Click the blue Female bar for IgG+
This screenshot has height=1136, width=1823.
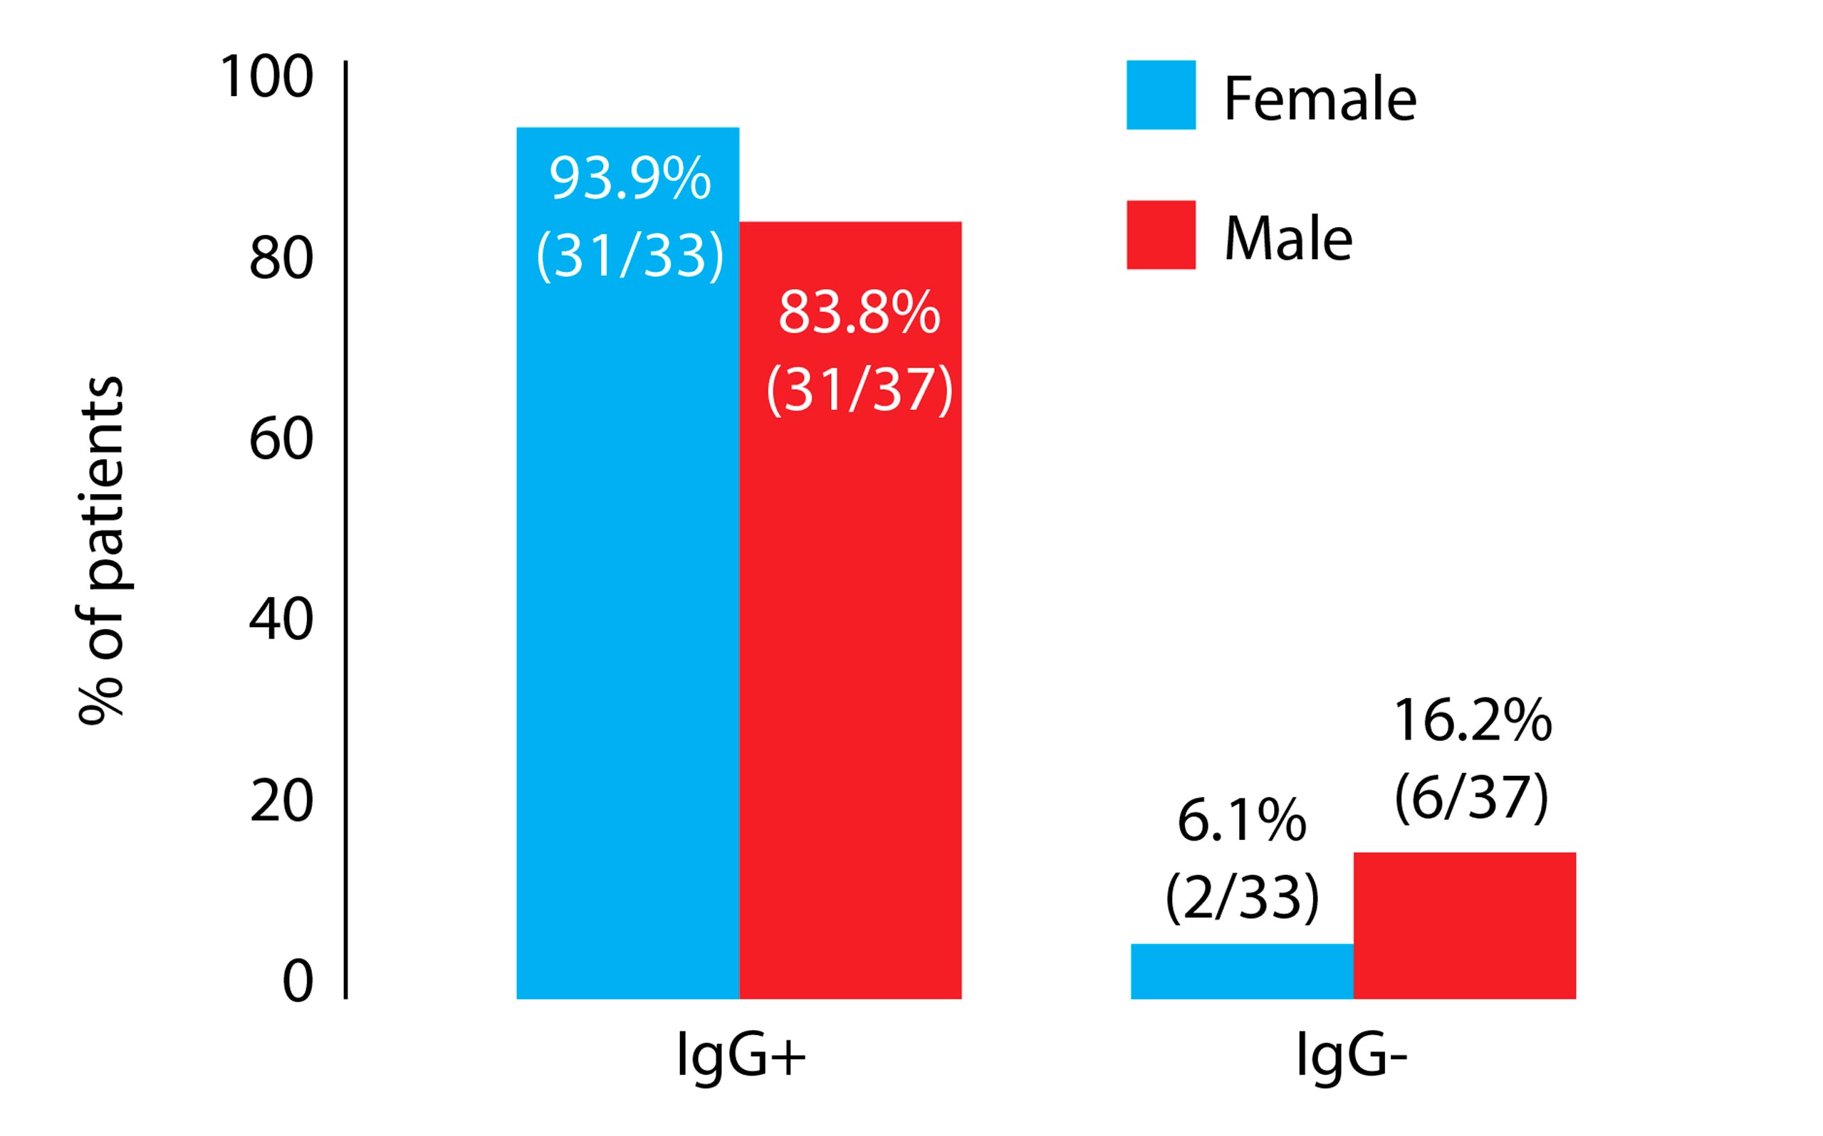[627, 601]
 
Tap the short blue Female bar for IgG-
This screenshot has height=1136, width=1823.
[1241, 971]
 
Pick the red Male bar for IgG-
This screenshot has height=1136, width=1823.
[1464, 925]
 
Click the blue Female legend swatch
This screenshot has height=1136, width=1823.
[1160, 95]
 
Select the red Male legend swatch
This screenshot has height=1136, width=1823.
[1160, 234]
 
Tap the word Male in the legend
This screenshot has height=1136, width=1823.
[1288, 239]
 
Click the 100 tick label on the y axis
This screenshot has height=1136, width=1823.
[266, 77]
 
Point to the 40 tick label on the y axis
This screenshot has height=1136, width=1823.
[281, 620]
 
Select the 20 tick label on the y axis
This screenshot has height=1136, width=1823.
[281, 801]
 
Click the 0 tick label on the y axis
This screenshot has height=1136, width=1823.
[298, 982]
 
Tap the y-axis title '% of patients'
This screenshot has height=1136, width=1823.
[101, 549]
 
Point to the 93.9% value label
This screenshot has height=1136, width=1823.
[630, 179]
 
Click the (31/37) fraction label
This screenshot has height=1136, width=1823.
[859, 390]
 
